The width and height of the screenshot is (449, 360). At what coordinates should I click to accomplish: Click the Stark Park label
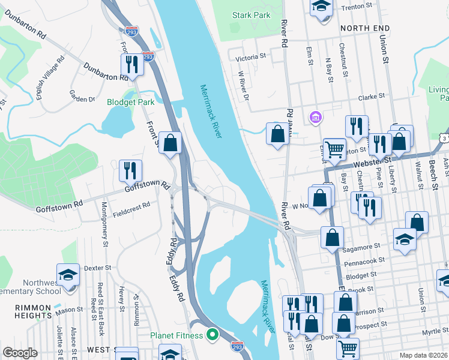click(x=252, y=15)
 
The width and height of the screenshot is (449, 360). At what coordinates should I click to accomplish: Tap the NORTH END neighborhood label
click(x=365, y=28)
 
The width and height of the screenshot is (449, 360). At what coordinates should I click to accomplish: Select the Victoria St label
click(x=251, y=57)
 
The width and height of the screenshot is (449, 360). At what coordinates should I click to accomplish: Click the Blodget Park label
click(x=131, y=102)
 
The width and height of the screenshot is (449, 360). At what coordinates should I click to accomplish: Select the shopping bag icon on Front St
click(x=170, y=143)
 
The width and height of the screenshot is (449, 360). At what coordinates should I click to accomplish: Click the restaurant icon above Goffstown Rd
click(x=130, y=170)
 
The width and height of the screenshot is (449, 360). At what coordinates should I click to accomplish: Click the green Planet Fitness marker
click(x=211, y=334)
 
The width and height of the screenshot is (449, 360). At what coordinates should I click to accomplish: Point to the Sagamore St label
click(x=361, y=245)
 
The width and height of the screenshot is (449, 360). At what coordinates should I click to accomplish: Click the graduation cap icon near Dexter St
click(x=68, y=274)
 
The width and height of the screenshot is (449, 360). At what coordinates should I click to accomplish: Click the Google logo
click(x=20, y=352)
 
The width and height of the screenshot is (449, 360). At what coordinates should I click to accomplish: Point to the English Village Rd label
click(x=50, y=78)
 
